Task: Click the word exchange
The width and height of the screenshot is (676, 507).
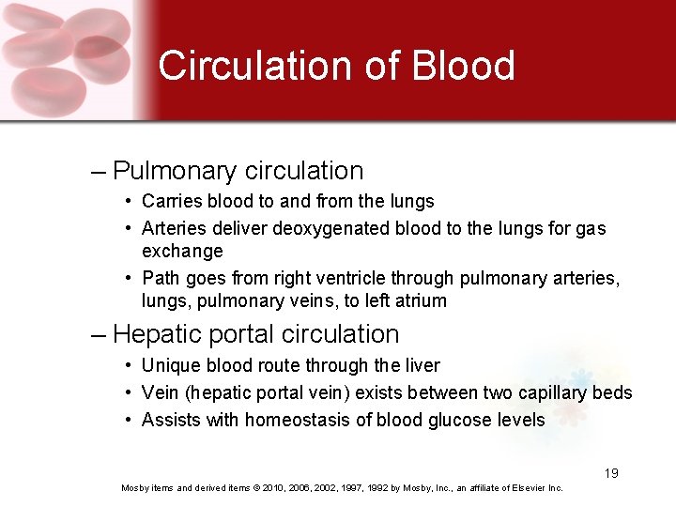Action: coord(182,252)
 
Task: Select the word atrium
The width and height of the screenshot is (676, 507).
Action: coord(421,301)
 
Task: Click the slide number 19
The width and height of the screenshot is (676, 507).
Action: coord(611,473)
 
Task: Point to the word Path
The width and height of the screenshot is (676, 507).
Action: coord(159,279)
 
